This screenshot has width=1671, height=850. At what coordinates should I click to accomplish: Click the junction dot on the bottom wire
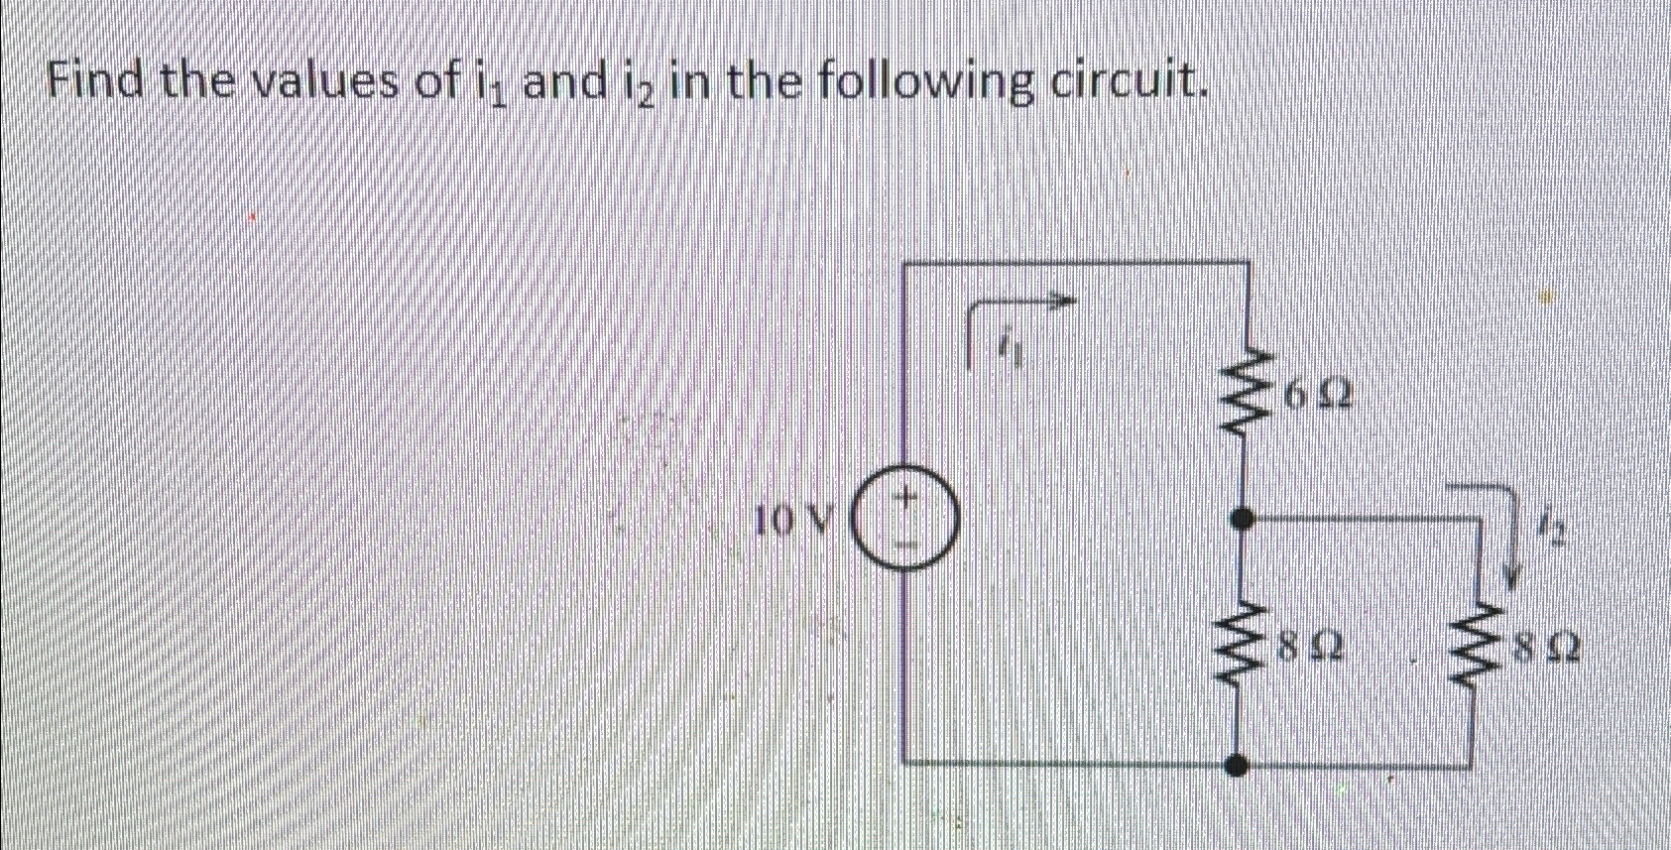point(1237,765)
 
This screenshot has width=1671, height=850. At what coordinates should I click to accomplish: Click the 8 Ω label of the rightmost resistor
point(1544,652)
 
